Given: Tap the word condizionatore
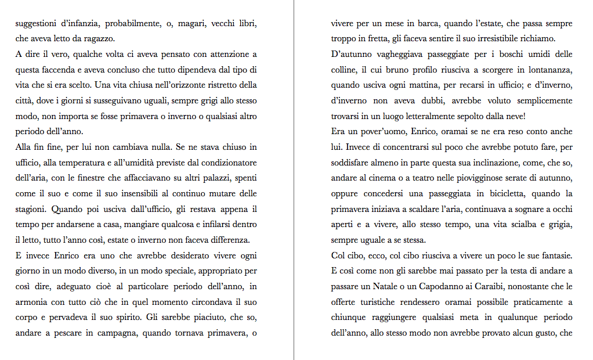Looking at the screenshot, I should point(229,162).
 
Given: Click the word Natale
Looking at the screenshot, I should point(402,287).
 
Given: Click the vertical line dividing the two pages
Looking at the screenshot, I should point(294,180).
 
